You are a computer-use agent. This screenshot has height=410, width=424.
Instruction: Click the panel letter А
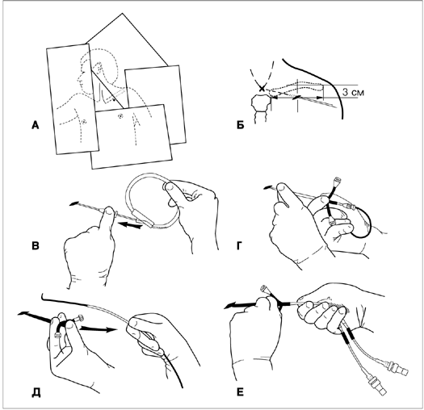tap(36, 125)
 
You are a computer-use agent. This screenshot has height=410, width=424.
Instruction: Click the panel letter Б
tap(241, 125)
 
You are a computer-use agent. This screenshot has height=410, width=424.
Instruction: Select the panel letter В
tap(36, 245)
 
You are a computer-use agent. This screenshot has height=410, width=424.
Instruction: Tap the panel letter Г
tap(240, 245)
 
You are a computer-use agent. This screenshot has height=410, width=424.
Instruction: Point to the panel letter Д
tap(36, 393)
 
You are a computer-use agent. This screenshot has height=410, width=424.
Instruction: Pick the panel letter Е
tap(240, 392)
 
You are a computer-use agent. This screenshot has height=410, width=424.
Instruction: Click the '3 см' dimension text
tap(354, 92)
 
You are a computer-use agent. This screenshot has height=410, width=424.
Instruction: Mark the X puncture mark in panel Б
tap(262, 89)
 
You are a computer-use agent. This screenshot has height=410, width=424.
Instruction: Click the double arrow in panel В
tap(131, 225)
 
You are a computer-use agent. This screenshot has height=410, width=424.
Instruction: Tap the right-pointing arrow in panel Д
tap(98, 329)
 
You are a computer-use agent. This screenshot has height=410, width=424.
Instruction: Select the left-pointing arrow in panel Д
tap(35, 316)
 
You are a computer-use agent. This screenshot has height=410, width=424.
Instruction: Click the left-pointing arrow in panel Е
tap(241, 306)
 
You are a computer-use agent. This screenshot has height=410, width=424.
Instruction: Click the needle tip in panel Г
tap(267, 187)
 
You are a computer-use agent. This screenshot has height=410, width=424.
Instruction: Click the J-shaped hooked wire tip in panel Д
tap(44, 297)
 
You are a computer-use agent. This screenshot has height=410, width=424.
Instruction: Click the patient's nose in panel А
tap(79, 79)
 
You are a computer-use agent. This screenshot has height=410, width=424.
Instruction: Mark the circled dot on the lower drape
tap(120, 116)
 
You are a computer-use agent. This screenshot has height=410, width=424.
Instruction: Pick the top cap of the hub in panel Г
tap(338, 179)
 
